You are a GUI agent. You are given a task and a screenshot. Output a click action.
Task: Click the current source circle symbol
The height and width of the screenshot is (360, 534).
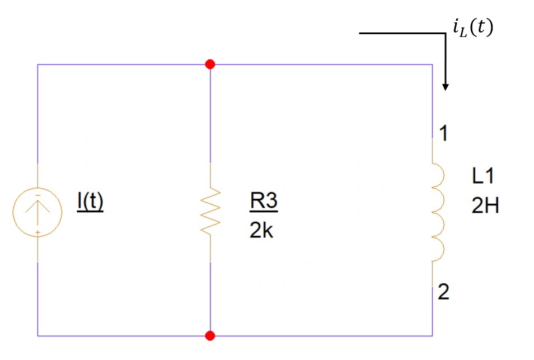coord(38,212)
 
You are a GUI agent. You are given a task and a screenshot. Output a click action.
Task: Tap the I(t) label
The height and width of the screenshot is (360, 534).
coord(90,202)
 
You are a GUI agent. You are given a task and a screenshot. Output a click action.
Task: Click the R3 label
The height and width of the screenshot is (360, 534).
coord(264,203)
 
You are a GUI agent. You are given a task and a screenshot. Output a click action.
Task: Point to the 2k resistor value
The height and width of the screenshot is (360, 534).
coord(261,230)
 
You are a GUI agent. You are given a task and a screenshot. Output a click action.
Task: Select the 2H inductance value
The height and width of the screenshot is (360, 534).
coord(485,207)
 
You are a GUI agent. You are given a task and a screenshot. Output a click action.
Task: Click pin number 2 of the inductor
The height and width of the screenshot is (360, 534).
coord(443,293)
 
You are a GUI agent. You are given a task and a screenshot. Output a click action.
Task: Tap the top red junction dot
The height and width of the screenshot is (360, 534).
coord(210,64)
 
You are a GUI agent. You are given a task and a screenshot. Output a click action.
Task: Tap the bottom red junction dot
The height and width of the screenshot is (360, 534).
coord(210,336)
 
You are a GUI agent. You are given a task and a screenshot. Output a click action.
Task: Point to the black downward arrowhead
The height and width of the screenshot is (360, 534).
coord(445,86)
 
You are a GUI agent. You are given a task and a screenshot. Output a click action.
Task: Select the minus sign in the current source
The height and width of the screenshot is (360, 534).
coord(38,194)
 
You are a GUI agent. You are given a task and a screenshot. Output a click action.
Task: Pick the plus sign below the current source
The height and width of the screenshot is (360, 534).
coord(38,231)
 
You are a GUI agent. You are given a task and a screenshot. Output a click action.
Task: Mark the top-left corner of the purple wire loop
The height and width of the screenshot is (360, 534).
coord(38,64)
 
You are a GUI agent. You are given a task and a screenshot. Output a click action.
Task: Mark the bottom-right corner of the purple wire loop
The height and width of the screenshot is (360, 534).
coord(432,336)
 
